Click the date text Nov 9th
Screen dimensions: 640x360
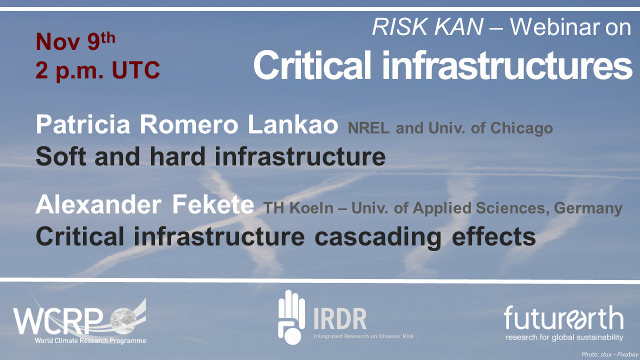(75, 41)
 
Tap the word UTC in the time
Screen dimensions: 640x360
(135, 70)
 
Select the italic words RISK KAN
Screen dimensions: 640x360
(427, 26)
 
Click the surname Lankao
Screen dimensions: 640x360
(293, 124)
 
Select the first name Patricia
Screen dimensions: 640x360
(83, 124)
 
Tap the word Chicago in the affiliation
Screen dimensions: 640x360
(521, 128)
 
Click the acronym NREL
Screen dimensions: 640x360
(368, 128)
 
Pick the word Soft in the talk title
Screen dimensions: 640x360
(61, 156)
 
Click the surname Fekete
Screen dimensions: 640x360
(213, 204)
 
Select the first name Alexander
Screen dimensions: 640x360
(98, 204)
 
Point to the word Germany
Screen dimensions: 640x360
(588, 208)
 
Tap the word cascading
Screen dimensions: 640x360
(377, 237)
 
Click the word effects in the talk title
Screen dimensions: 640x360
(493, 236)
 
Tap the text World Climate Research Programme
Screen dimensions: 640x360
(90, 340)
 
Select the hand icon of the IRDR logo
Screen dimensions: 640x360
(291, 317)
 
